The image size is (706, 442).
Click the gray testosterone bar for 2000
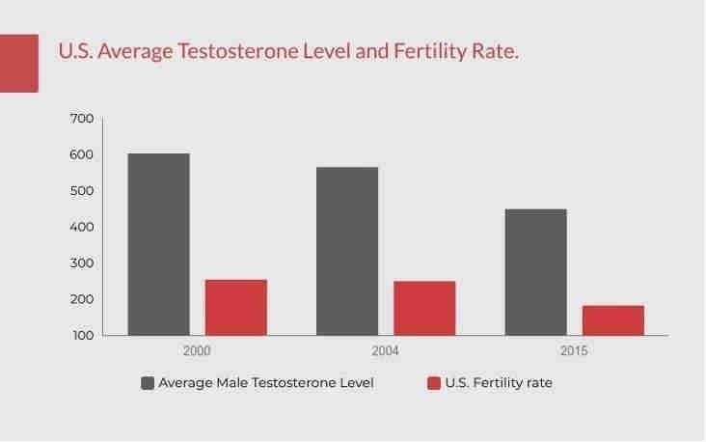click(x=158, y=244)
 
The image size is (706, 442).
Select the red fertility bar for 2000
click(x=235, y=307)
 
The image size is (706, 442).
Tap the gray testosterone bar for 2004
click(x=347, y=251)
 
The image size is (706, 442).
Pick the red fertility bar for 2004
click(x=424, y=308)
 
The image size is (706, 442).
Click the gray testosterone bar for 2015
click(x=536, y=272)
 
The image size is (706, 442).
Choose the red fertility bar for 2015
click(x=612, y=320)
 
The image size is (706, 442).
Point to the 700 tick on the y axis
click(x=82, y=119)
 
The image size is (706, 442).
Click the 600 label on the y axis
click(x=82, y=154)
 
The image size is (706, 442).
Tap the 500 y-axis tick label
click(x=82, y=191)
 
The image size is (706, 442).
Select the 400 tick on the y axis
click(x=82, y=227)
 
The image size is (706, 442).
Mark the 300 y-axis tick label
click(x=82, y=263)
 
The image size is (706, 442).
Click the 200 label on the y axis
click(x=82, y=299)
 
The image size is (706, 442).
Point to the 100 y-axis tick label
click(x=82, y=336)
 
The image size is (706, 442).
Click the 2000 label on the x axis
click(x=197, y=351)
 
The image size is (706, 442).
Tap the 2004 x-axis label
click(x=385, y=351)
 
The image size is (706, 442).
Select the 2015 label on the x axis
click(x=574, y=351)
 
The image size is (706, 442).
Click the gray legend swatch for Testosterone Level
click(x=148, y=383)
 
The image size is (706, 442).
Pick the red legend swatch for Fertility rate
click(x=434, y=383)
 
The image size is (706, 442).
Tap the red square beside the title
click(x=18, y=64)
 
